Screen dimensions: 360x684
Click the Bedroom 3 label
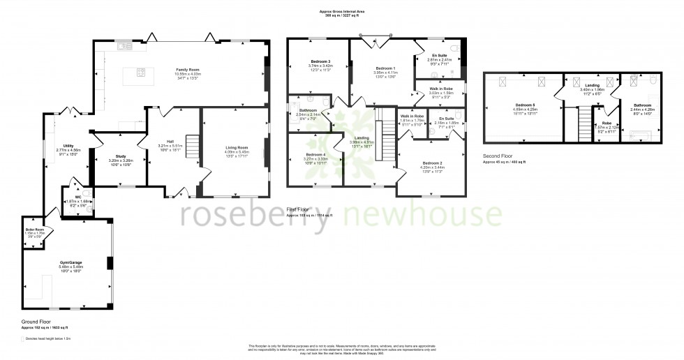coord(320,61)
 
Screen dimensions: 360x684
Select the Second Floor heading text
coord(498,157)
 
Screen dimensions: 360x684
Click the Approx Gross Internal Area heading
coord(341,11)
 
